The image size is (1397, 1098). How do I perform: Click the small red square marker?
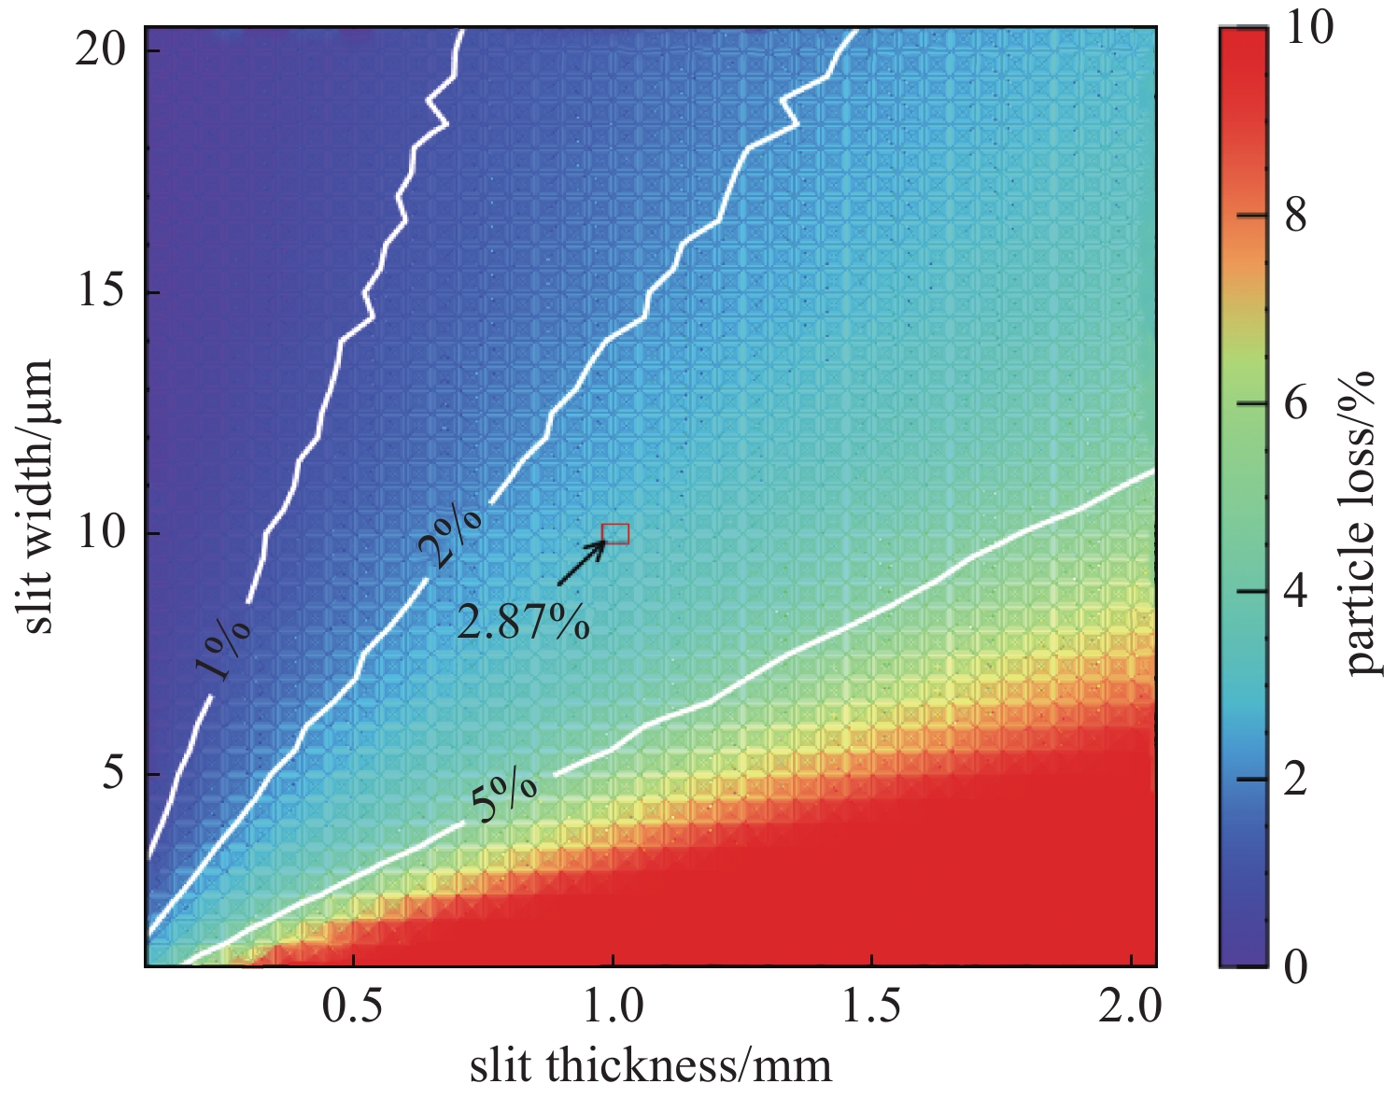[615, 534]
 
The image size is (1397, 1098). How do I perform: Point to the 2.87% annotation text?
[523, 622]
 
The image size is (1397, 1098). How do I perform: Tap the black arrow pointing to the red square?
[582, 564]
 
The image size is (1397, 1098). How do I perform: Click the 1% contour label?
[223, 648]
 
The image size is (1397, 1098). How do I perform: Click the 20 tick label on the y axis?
[100, 49]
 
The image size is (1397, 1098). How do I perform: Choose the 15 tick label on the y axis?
[100, 291]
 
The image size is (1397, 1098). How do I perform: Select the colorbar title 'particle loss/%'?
[1362, 523]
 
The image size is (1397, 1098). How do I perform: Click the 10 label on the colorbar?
[1309, 28]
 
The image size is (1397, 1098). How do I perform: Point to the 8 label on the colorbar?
[1296, 216]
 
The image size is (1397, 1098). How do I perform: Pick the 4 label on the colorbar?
[1296, 592]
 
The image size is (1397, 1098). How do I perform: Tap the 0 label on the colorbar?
[1296, 966]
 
